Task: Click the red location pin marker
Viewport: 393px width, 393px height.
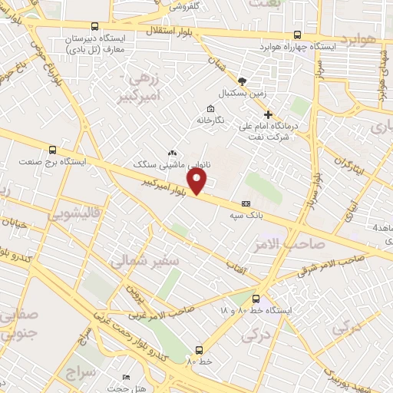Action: click(199, 181)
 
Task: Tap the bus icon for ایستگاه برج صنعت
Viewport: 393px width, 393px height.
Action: click(52, 150)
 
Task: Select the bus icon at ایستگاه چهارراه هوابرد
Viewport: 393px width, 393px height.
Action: click(297, 34)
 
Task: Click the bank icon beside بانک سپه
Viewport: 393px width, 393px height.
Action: click(246, 204)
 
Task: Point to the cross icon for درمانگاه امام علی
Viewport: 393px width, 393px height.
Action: click(268, 114)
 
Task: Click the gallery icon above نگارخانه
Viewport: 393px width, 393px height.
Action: click(210, 107)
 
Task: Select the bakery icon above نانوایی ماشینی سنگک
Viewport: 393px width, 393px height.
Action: click(171, 153)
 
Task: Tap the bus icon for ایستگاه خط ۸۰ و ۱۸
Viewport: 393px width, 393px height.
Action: click(256, 299)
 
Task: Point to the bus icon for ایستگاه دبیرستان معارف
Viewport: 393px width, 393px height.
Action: click(94, 25)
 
